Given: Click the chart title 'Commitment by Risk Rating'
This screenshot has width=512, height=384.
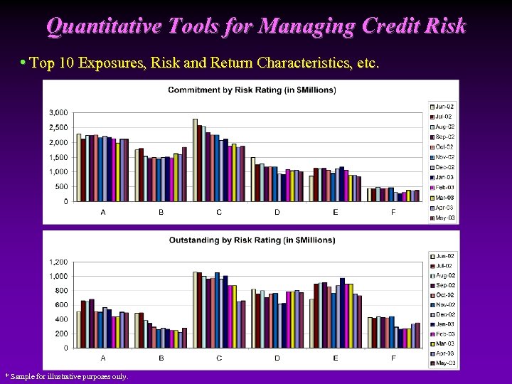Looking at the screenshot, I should [x=252, y=90].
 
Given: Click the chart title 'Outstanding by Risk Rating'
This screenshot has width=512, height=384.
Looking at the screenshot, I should [x=252, y=240].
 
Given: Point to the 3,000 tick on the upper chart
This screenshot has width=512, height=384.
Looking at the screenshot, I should [x=59, y=112].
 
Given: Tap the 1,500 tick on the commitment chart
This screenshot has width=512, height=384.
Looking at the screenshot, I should [x=59, y=157].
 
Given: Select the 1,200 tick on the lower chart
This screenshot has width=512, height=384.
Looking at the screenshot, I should [x=59, y=262].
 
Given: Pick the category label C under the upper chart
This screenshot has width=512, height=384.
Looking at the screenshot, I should [x=219, y=212].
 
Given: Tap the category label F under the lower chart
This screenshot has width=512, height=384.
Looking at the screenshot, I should [x=393, y=358].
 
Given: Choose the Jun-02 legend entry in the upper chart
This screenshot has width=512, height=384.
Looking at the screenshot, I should [x=444, y=106].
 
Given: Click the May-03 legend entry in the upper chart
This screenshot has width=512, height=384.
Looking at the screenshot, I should [x=444, y=218].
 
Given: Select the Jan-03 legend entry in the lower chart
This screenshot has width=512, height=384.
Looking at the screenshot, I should [x=444, y=324].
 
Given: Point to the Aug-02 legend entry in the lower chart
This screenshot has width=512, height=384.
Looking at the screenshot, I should [x=444, y=275].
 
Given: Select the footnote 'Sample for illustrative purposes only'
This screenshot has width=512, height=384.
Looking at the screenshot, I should [x=68, y=376].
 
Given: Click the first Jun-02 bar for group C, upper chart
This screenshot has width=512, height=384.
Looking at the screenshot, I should [x=195, y=160].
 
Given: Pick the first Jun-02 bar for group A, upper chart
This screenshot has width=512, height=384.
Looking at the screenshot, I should [x=79, y=167].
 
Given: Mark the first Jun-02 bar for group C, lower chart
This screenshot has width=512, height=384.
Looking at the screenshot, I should [x=195, y=309].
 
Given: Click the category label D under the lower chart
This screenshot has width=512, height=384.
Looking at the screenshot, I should [x=277, y=358].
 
